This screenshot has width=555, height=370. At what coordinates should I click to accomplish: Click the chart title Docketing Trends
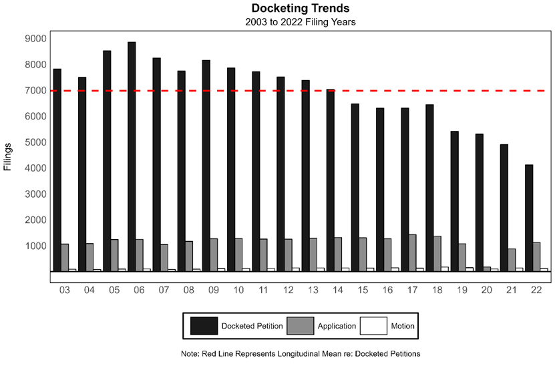301,9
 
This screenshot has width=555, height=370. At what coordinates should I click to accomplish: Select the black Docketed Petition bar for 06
132,156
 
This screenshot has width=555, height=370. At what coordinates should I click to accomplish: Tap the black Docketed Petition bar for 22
529,217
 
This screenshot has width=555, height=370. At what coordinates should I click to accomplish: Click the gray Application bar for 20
487,268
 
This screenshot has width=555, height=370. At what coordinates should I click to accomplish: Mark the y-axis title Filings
8,156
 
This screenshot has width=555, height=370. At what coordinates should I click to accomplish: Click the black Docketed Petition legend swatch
204,326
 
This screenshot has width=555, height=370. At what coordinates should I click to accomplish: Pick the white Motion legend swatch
373,326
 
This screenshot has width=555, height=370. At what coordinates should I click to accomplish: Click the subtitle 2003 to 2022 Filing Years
301,21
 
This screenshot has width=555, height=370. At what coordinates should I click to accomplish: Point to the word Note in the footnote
191,353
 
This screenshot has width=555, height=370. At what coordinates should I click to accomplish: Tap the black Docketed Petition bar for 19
454,200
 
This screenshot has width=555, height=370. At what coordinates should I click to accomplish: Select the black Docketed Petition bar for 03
57,170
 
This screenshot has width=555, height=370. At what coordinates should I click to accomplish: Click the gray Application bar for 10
238,254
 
